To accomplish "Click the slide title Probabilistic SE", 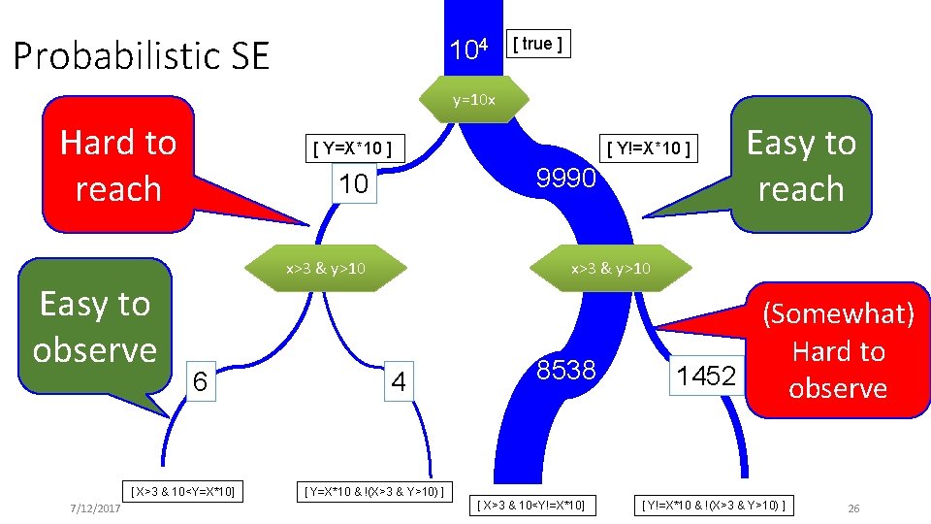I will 141,56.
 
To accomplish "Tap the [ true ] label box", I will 538,44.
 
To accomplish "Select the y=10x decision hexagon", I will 475,100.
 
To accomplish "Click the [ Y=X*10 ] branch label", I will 352,148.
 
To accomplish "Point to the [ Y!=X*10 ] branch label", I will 649,148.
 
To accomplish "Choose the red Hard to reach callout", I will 118,165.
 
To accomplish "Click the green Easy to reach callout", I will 800,165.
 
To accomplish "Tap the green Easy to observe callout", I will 95,327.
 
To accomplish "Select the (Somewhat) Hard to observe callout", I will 838,350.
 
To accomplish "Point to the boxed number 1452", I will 707,376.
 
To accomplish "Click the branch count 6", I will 199,382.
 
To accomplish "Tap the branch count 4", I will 398,382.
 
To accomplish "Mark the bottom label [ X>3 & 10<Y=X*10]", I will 183,491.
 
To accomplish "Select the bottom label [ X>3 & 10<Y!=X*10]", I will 530,505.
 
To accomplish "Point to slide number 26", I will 853,509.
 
